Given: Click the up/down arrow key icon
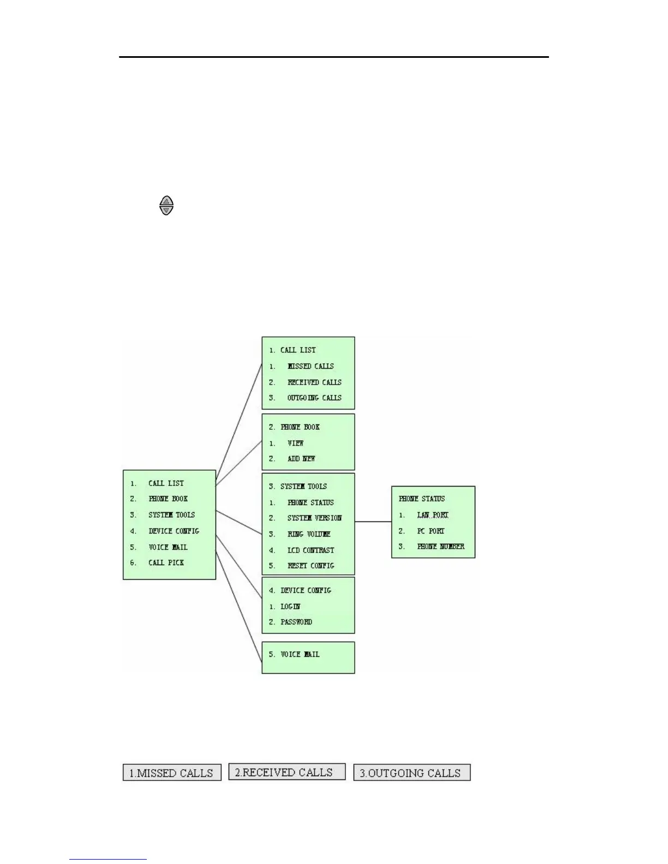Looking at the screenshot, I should [166, 206].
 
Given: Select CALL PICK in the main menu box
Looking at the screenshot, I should [166, 562].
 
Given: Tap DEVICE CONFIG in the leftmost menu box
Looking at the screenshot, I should [174, 531].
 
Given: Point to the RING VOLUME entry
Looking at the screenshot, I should [309, 534].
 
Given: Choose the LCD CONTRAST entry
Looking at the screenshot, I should [311, 550].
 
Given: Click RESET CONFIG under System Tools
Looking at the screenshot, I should [311, 566].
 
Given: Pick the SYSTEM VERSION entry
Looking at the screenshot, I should [314, 518].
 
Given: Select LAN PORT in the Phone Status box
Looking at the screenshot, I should [432, 515].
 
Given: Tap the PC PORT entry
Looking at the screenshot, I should [431, 531].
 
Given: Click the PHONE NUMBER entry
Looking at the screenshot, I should [440, 546].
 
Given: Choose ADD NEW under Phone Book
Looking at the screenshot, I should [301, 459].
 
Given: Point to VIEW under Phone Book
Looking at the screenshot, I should [295, 443].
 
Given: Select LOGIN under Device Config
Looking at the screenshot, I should [290, 606].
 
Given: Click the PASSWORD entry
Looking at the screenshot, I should [296, 622].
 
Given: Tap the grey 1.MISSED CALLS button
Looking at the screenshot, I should [172, 773].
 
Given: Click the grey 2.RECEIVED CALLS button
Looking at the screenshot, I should [287, 772].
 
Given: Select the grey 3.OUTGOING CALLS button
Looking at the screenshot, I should [412, 773].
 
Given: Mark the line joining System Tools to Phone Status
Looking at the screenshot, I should [373, 522].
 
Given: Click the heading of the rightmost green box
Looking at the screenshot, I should [422, 499].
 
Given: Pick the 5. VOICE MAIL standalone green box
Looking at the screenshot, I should [308, 657].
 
